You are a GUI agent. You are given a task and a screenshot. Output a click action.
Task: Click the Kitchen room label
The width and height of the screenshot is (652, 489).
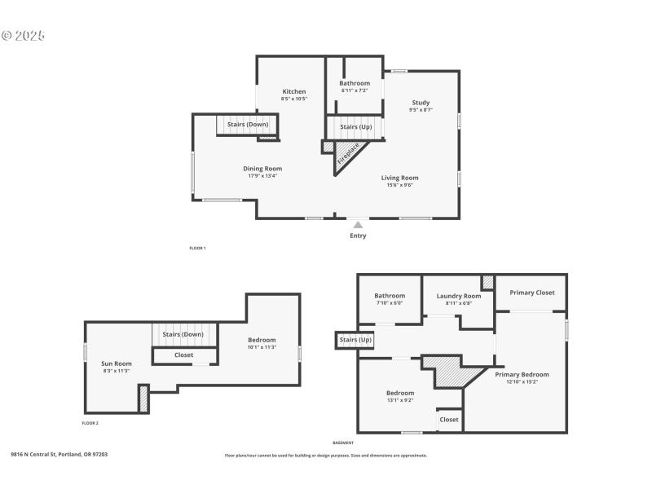(294, 91)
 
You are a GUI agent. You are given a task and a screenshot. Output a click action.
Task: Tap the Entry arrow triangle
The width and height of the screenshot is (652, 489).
(358, 225)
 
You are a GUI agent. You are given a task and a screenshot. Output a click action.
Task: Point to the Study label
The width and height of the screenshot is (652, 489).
(421, 102)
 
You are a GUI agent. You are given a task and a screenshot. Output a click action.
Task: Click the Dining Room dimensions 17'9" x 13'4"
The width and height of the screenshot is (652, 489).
(262, 175)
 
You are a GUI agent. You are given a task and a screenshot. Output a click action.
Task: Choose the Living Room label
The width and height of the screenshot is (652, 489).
(399, 178)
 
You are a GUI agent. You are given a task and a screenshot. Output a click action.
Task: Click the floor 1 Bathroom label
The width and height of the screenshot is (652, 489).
(355, 83)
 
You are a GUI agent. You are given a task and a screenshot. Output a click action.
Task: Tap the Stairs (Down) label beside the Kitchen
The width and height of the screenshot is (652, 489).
(248, 124)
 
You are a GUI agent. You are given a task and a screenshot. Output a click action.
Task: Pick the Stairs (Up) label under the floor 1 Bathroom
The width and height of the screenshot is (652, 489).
(355, 127)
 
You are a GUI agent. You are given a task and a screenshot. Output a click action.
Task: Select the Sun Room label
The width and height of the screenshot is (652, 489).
(117, 363)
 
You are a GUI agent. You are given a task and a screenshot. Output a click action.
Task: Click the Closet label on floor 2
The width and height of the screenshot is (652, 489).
(184, 355)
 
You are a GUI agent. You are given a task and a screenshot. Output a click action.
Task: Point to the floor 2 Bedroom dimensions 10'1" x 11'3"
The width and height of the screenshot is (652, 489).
(262, 347)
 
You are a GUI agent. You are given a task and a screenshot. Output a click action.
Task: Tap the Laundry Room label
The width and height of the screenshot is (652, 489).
(459, 296)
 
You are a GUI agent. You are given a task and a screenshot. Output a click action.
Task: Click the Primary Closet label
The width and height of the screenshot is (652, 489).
(532, 293)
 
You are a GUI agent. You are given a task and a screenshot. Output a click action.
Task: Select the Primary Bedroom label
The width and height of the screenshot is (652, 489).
(522, 374)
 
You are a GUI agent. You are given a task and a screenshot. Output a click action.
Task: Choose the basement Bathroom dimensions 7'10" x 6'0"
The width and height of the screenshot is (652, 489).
(390, 303)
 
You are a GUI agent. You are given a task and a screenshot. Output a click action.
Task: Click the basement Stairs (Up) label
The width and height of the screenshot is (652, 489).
(355, 339)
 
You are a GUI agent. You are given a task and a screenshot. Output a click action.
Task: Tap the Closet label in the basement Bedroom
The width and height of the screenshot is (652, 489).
(449, 420)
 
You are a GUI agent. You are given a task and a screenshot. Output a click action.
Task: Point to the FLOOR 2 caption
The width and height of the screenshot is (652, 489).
(90, 424)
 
